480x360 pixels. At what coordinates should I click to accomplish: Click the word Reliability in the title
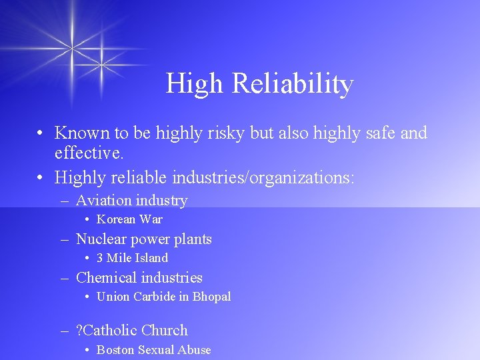(292, 84)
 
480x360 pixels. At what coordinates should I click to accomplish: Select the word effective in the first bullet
(87, 153)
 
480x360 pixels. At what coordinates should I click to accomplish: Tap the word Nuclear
(101, 239)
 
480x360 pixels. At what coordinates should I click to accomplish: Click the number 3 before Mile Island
(100, 258)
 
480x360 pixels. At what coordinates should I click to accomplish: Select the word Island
(151, 258)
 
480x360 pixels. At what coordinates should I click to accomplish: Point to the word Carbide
(155, 297)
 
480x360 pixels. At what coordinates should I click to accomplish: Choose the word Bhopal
(211, 297)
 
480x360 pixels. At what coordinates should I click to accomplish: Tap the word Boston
(115, 349)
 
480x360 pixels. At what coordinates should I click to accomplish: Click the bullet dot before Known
(41, 133)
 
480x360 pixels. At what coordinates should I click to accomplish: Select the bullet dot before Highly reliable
(41, 177)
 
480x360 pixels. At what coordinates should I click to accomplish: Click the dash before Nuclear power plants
(65, 239)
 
